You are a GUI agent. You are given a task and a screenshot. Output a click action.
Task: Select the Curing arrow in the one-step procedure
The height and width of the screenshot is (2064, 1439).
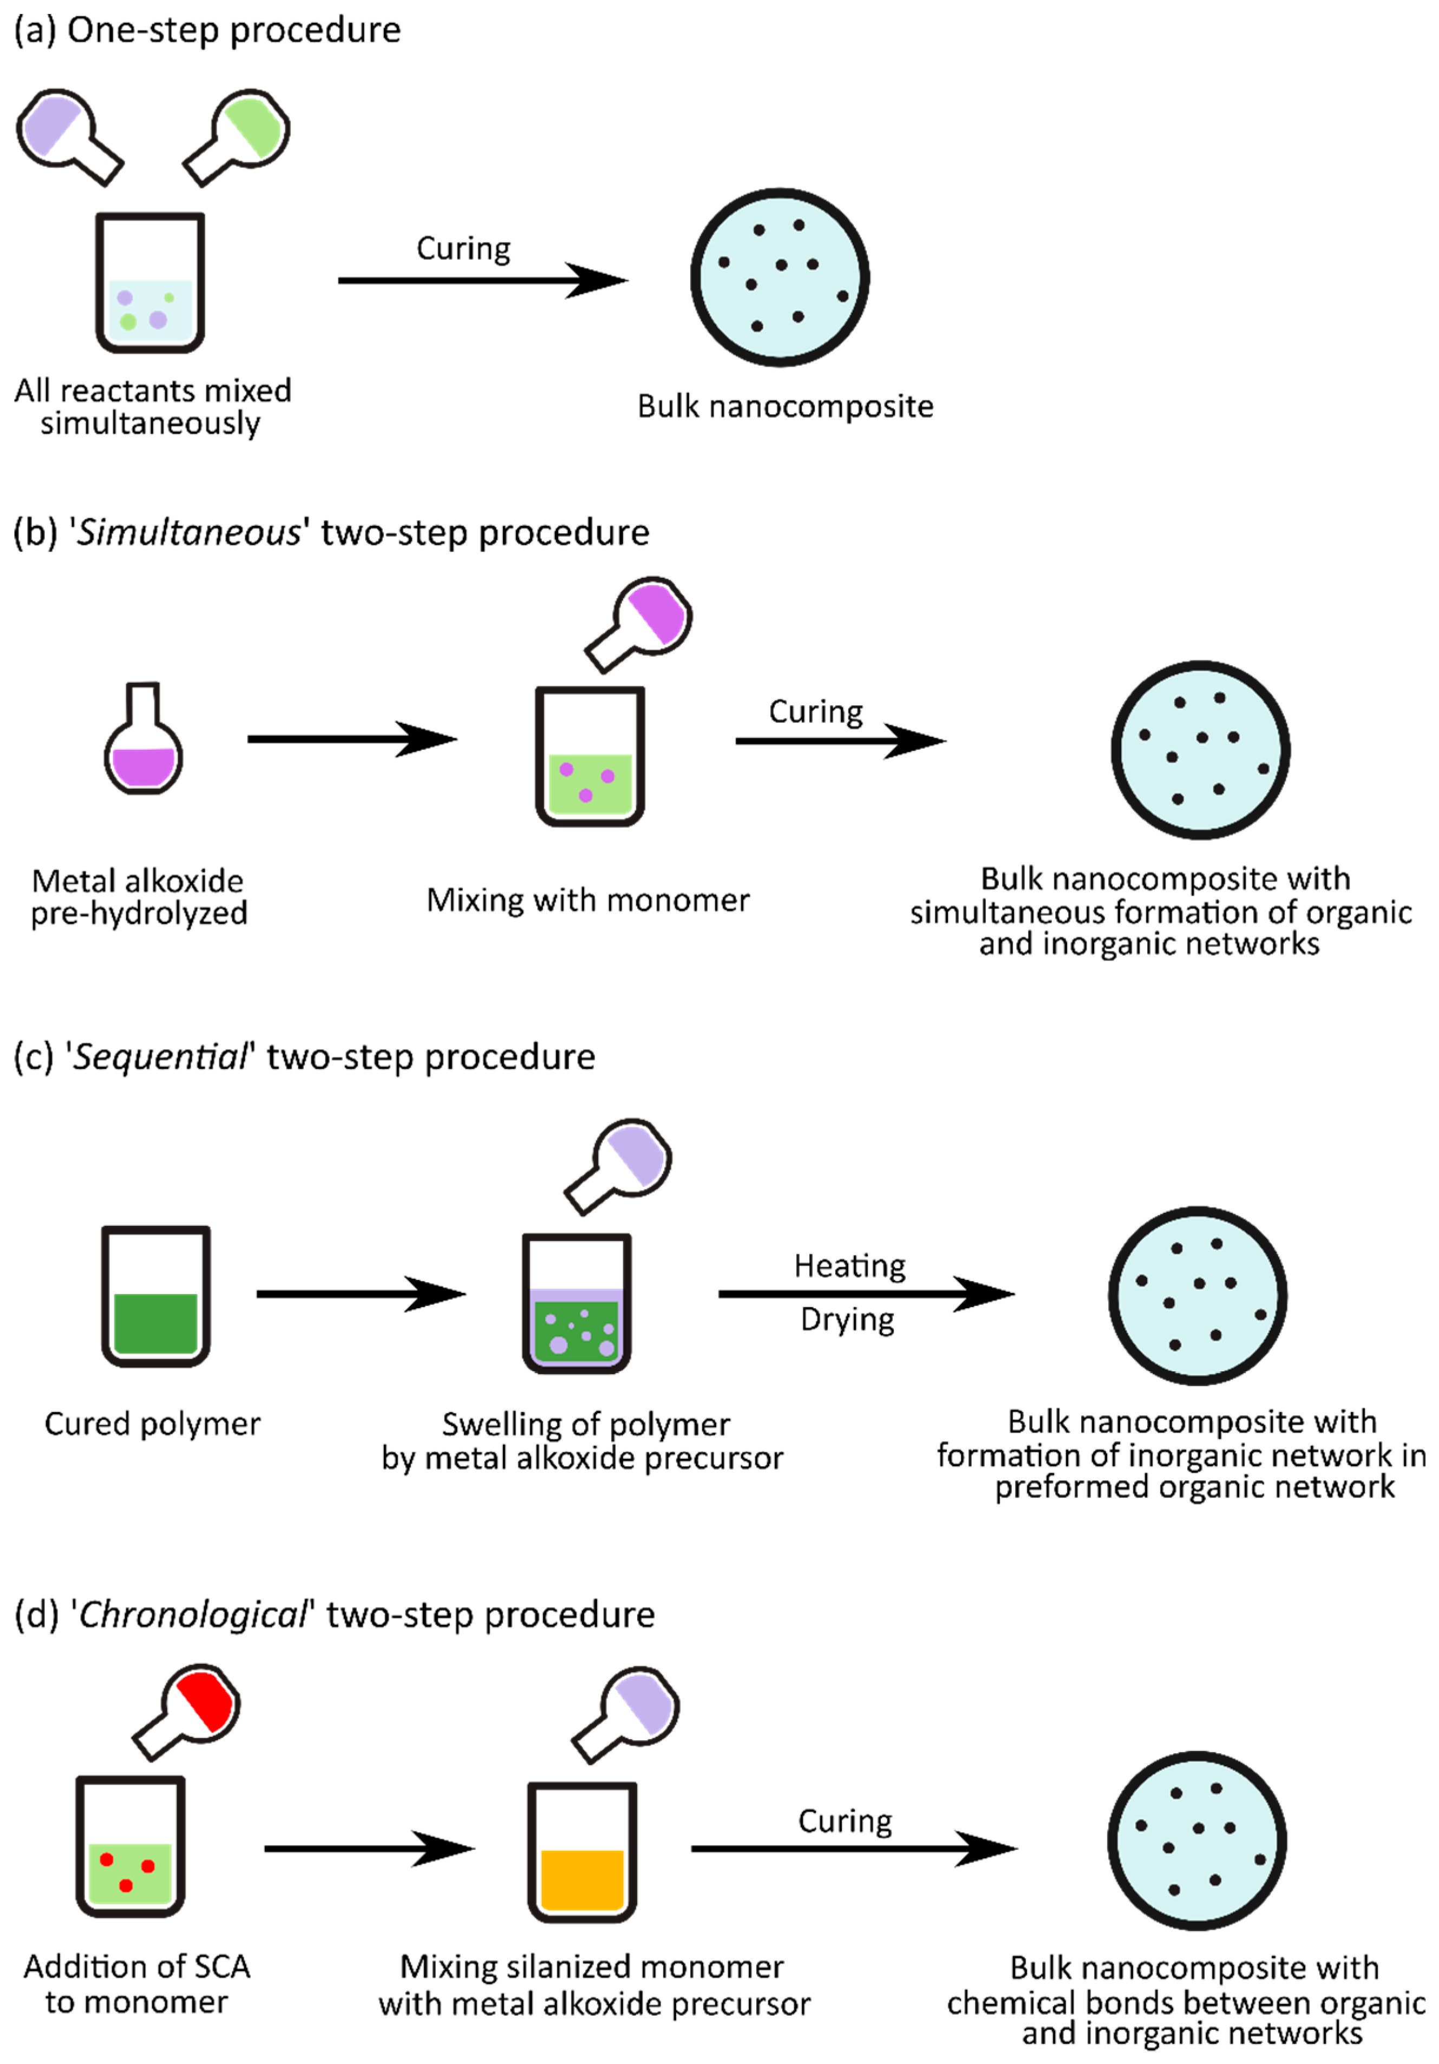tap(483, 280)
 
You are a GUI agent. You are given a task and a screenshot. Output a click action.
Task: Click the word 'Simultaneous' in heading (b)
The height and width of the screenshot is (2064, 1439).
tap(189, 533)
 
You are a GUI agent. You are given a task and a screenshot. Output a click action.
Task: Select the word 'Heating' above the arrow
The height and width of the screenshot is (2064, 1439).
tap(849, 1266)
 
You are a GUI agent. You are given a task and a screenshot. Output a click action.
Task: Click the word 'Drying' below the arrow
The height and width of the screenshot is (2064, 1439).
tap(848, 1320)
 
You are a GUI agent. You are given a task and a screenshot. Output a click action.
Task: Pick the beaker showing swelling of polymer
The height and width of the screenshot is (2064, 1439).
tap(576, 1303)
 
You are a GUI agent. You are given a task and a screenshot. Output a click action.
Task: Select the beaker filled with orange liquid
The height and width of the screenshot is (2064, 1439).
tap(583, 1852)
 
